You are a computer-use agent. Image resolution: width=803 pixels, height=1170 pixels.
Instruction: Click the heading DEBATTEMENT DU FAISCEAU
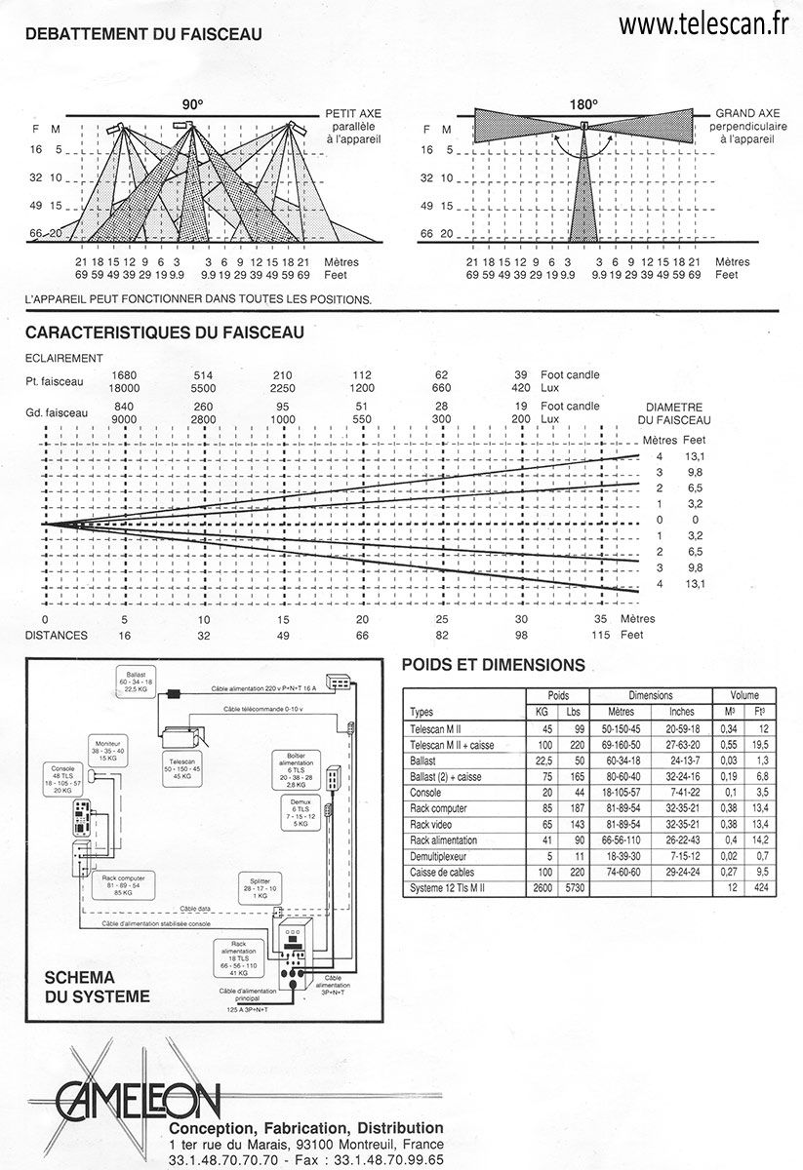[x=142, y=34]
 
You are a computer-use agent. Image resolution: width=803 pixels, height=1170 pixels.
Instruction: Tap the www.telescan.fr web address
[x=702, y=24]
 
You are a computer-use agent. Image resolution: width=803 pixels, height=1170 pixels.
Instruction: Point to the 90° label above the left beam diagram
[x=191, y=104]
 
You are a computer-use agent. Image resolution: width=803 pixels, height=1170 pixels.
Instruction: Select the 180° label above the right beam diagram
[x=583, y=103]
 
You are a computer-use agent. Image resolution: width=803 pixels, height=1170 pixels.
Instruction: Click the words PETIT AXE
[x=355, y=114]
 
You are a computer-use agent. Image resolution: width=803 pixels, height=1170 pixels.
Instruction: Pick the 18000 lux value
[x=124, y=387]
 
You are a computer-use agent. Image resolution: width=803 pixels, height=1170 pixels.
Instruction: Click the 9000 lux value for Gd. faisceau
[x=124, y=418]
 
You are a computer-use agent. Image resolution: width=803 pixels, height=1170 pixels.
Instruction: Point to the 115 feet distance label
[x=601, y=635]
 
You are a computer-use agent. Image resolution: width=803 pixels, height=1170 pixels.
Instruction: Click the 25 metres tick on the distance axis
[x=442, y=619]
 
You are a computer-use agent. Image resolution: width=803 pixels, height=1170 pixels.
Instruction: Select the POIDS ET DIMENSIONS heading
[x=494, y=666]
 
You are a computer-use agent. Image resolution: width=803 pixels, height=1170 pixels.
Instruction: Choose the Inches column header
[x=682, y=711]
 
